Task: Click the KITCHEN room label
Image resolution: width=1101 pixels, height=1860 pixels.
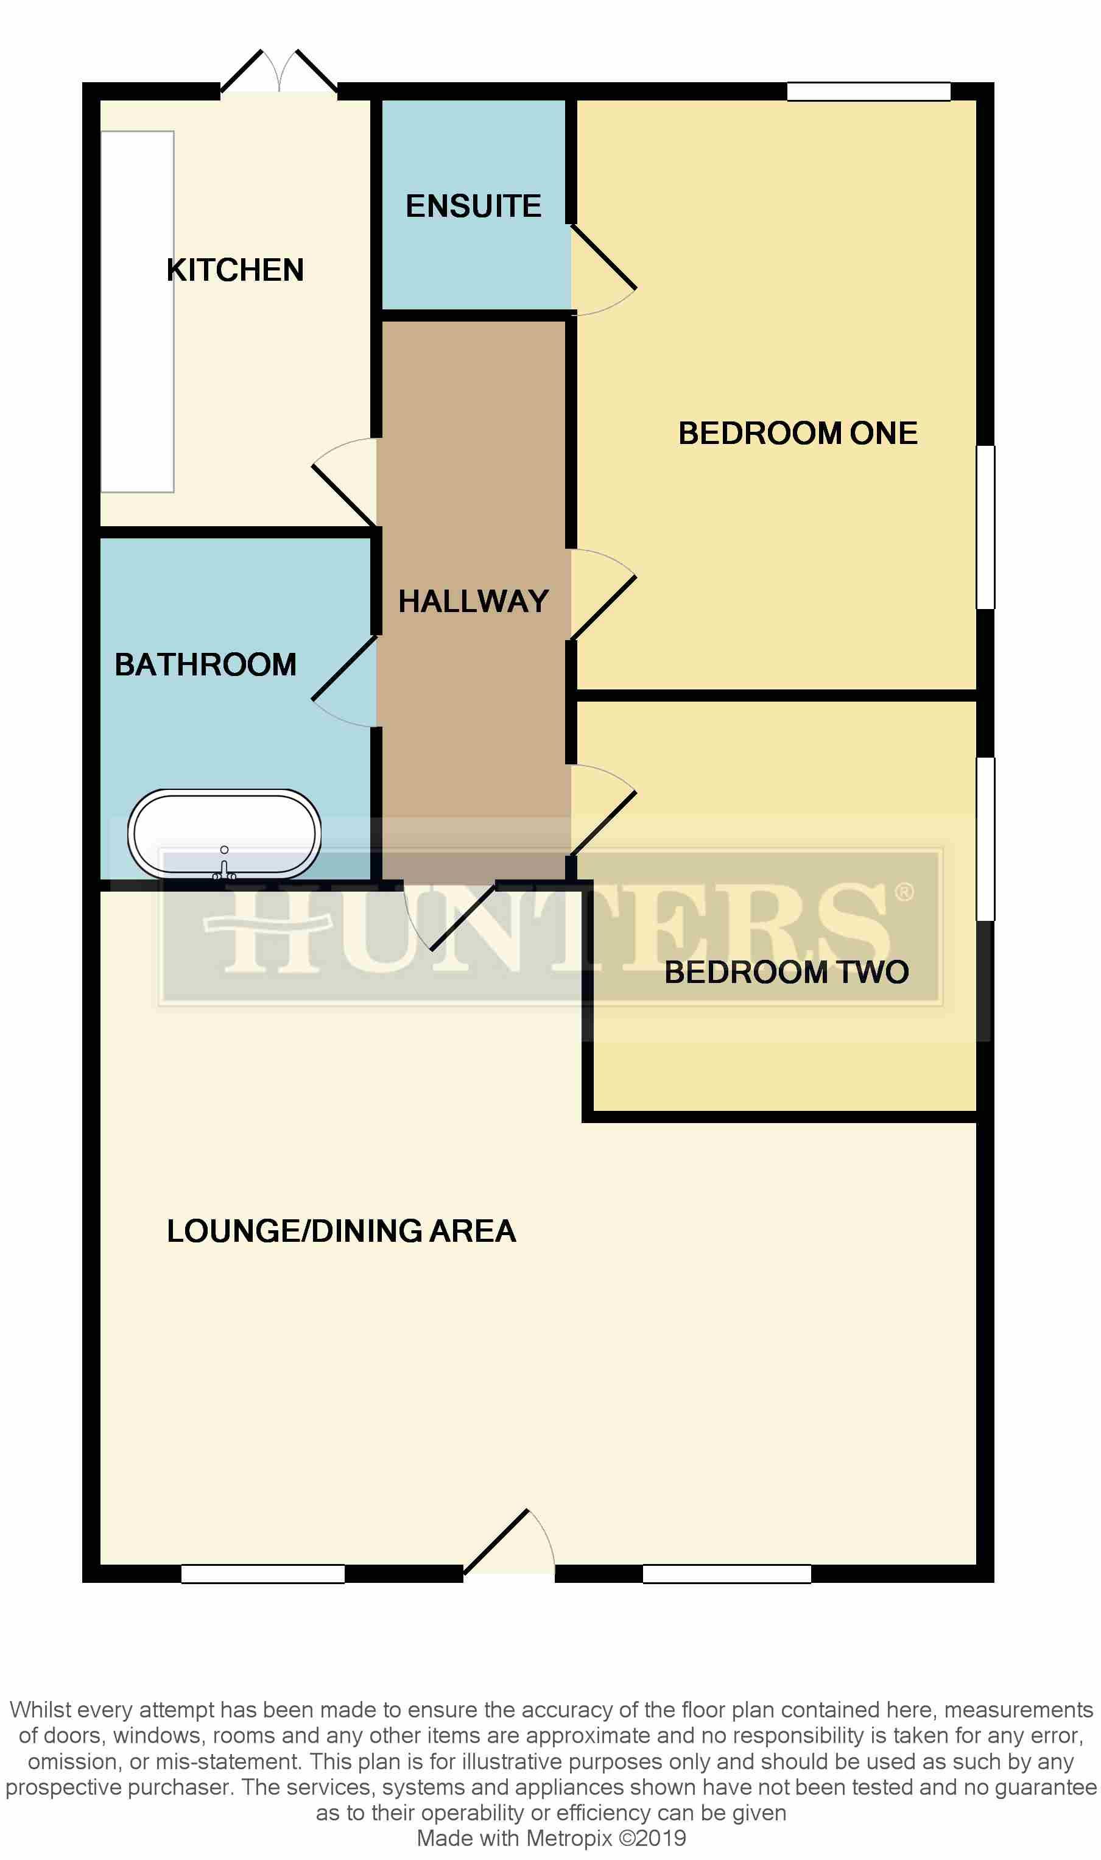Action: tap(235, 270)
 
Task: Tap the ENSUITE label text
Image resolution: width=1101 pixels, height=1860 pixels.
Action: tap(473, 206)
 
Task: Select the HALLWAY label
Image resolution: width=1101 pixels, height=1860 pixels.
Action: tap(473, 602)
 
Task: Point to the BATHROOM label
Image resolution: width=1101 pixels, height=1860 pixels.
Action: tap(205, 664)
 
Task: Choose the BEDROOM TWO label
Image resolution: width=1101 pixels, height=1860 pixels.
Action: tap(786, 973)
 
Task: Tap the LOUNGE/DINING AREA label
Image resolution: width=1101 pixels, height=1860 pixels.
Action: tap(341, 1231)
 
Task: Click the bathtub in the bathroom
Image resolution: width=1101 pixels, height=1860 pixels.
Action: tap(224, 834)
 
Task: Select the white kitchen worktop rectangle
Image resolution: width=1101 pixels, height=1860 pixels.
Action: tap(137, 312)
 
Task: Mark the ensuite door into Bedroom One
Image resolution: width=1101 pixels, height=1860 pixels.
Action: tap(602, 267)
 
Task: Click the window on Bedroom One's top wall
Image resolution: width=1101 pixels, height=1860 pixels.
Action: tap(868, 91)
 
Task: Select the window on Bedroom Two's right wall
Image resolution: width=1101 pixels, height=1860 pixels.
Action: tap(985, 839)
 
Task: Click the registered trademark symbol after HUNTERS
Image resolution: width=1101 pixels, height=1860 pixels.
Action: tap(904, 892)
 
